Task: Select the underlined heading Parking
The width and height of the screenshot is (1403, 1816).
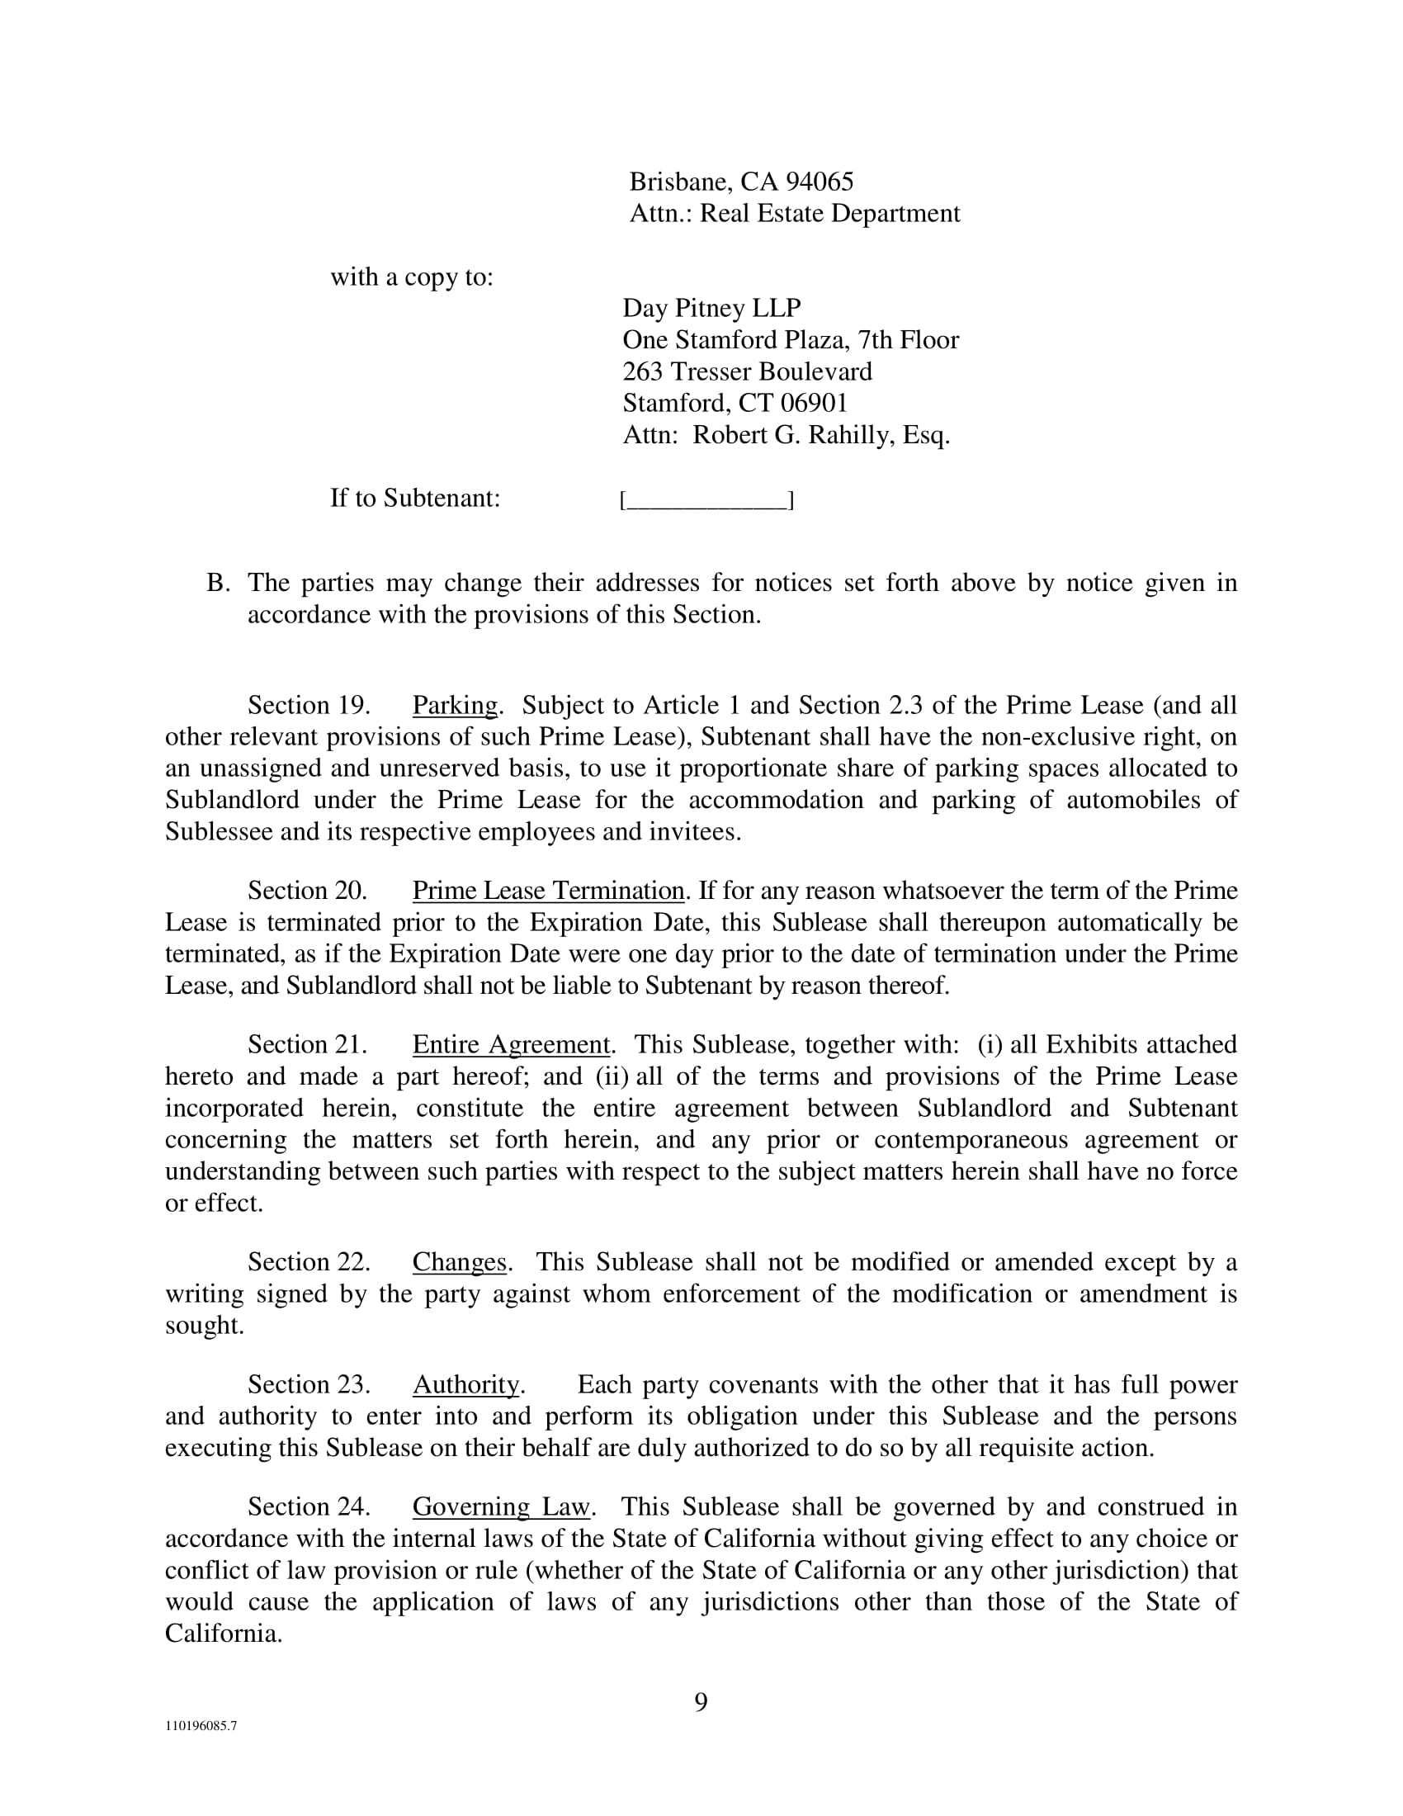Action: click(455, 705)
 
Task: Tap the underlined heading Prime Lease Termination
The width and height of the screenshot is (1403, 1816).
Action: click(548, 891)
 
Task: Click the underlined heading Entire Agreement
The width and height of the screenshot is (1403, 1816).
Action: click(511, 1044)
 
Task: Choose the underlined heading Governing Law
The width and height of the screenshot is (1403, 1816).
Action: click(500, 1506)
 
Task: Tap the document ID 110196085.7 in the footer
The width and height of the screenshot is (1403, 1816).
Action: click(201, 1748)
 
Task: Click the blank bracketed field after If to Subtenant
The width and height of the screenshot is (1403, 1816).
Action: click(706, 499)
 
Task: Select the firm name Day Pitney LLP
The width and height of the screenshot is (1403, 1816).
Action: click(711, 308)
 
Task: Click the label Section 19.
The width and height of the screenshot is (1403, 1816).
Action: click(309, 705)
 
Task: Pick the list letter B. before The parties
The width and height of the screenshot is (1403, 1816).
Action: click(218, 583)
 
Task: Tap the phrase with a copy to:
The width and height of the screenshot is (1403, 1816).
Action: click(413, 277)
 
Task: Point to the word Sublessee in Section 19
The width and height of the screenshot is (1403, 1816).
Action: click(219, 831)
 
